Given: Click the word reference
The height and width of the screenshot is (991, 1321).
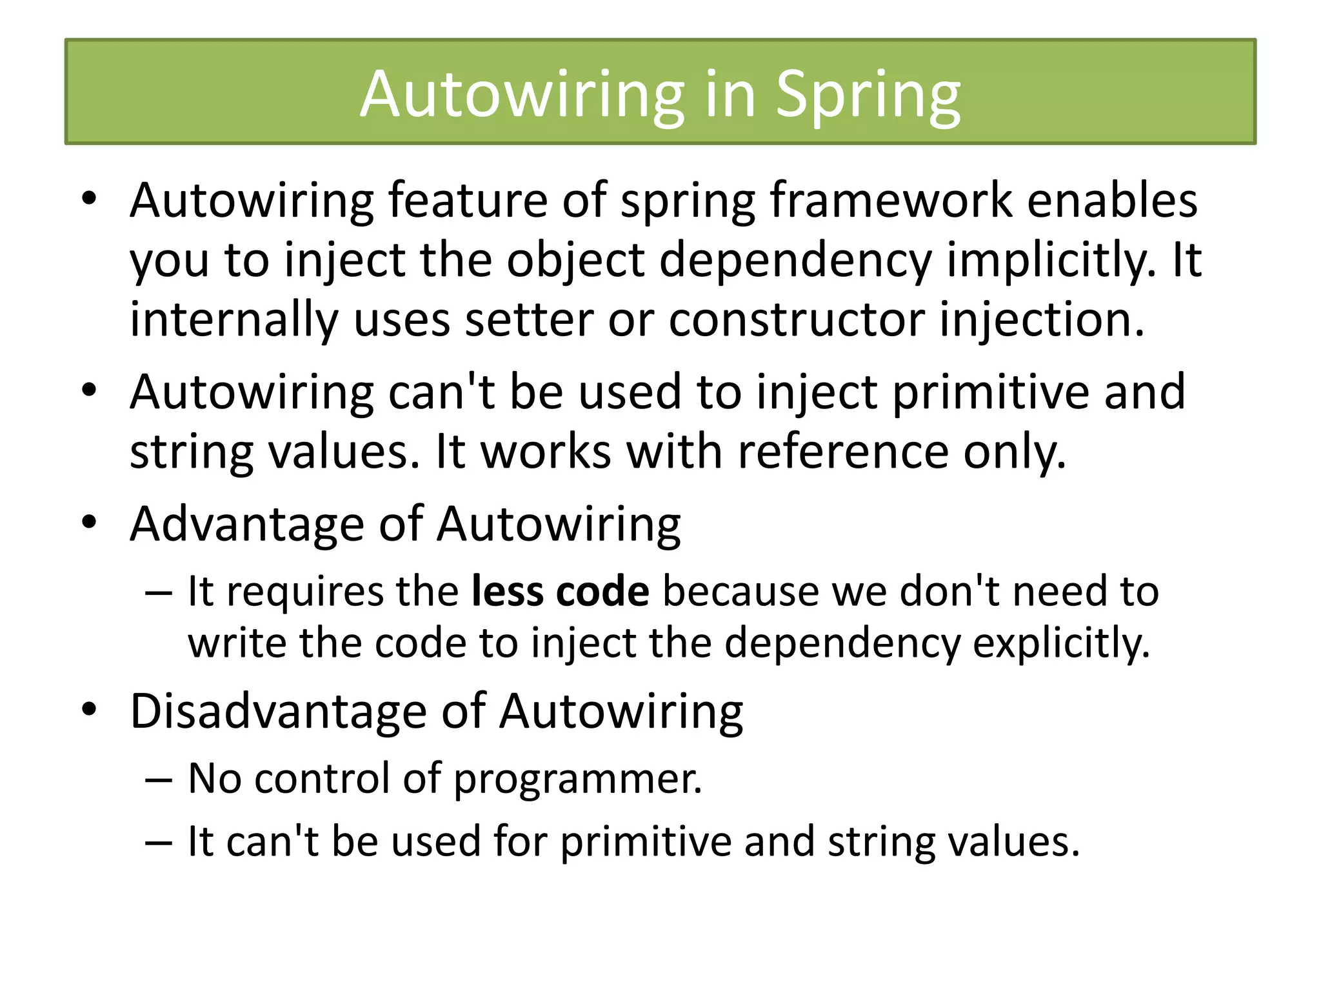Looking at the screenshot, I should click(x=842, y=452).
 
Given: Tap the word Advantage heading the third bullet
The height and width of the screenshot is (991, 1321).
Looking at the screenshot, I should click(x=247, y=524).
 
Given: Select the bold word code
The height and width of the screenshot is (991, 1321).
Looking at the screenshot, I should click(x=602, y=591).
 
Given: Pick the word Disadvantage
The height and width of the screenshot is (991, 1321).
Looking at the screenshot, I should click(x=278, y=712).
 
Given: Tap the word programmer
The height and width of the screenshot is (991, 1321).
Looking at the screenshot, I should click(x=577, y=779).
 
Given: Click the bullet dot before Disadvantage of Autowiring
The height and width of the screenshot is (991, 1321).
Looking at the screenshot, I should click(x=89, y=709).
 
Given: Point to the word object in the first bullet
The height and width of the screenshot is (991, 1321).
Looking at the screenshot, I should click(x=575, y=260).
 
